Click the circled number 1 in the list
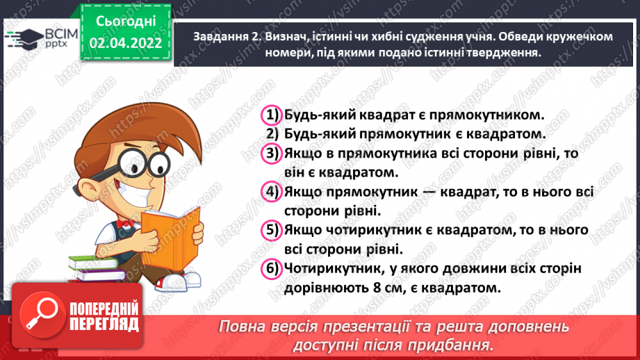tap(270, 115)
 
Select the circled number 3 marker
tap(270, 152)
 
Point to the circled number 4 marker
tap(270, 191)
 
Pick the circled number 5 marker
tap(270, 229)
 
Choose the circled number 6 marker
tap(270, 268)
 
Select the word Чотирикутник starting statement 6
tap(326, 268)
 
